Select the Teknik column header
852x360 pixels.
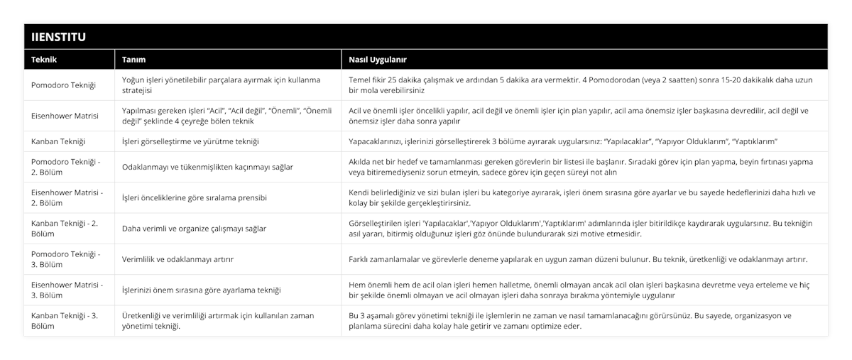click(43, 59)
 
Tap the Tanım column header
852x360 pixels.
click(134, 59)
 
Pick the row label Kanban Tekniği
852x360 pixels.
click(59, 141)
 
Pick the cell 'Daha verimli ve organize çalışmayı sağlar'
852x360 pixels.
click(195, 228)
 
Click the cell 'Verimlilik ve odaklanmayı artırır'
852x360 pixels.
click(183, 258)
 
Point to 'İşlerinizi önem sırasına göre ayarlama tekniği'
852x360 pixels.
click(202, 290)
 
